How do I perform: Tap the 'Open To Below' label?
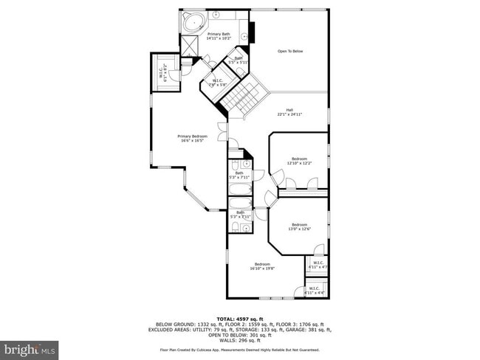pos(290,51)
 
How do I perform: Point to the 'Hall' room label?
pos(290,113)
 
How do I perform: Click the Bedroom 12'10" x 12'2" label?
pos(298,161)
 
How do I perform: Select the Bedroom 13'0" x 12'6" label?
pos(298,226)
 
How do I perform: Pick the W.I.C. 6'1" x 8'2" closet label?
pos(162,72)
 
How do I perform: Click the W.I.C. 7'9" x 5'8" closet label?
pos(217,83)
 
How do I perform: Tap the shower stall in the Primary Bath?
pos(190,45)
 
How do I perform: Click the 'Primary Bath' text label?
pos(219,35)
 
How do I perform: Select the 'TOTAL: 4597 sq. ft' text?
pos(240,319)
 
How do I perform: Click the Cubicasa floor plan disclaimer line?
pos(240,350)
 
